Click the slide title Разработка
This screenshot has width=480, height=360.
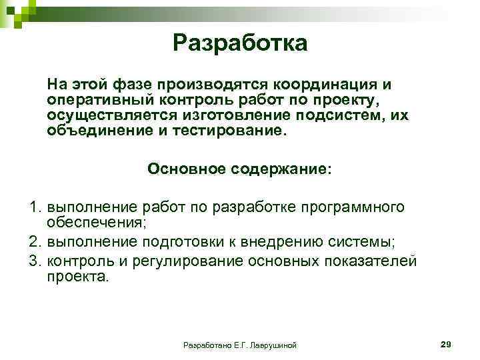click(x=239, y=43)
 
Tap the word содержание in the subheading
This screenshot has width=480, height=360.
click(x=281, y=168)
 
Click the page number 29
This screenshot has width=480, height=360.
click(x=446, y=343)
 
